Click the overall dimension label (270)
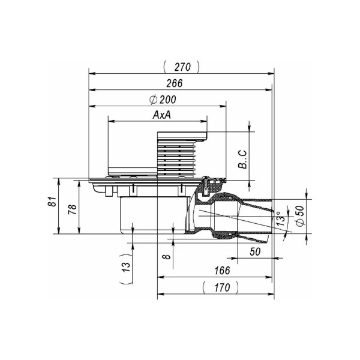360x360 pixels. point(181,67)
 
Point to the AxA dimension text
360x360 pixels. point(161,115)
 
